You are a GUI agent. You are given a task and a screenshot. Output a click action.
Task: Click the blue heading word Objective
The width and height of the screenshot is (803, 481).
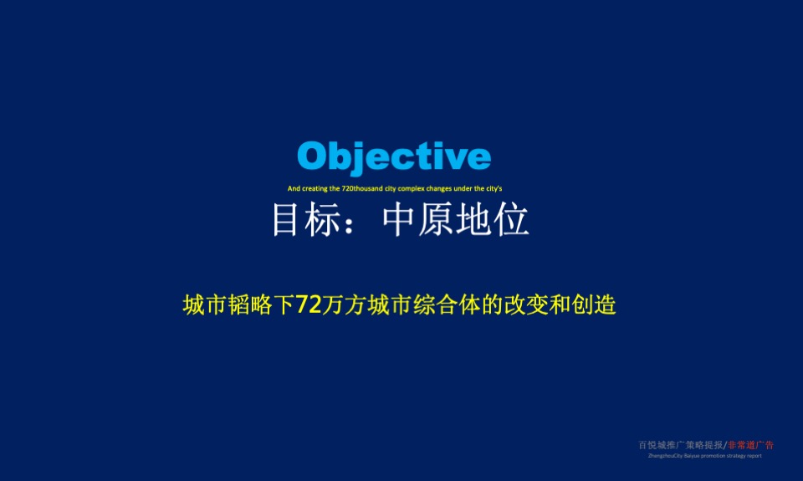394,157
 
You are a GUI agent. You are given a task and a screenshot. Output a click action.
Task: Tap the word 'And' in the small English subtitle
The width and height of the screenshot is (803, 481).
293,189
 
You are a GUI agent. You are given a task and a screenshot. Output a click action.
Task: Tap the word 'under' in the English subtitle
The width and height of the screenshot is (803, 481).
463,189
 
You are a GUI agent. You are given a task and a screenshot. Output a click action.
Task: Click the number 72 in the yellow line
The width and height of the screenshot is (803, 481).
309,305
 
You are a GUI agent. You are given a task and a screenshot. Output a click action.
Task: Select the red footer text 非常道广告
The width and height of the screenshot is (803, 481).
751,445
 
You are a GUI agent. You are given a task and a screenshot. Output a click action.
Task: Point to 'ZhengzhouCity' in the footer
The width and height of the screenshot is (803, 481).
662,456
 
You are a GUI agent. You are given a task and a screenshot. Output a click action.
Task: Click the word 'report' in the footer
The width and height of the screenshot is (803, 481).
754,456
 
